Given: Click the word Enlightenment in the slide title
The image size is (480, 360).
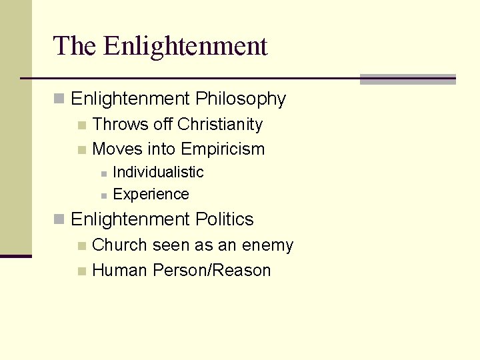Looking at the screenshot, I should (185, 46).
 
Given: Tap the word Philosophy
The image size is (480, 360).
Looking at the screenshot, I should (241, 99).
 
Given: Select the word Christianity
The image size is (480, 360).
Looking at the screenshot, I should (220, 125).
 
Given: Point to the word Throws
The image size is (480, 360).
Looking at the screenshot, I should (120, 125).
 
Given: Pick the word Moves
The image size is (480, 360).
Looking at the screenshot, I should (117, 149).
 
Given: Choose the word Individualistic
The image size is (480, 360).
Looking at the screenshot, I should (158, 172).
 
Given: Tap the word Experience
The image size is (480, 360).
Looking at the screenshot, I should (151, 195).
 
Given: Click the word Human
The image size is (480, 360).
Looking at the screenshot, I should (120, 271).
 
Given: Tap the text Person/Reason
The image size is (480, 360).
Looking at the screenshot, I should (212, 271).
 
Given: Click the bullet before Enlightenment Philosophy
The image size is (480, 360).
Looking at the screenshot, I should (59, 99).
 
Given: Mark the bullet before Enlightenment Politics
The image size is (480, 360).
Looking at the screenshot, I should (59, 219).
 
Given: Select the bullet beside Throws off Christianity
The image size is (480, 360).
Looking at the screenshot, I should (81, 125).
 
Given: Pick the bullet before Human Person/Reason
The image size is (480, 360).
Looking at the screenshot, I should (81, 271).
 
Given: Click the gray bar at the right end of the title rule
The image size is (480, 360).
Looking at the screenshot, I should (407, 79).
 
